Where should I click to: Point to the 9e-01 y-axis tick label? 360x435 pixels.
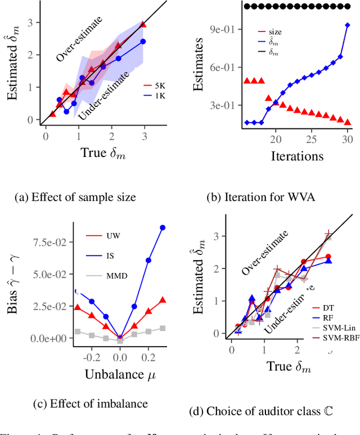(x=221, y=29)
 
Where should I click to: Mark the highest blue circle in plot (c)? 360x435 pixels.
(x=163, y=227)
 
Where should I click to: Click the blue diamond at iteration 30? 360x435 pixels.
(x=347, y=25)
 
